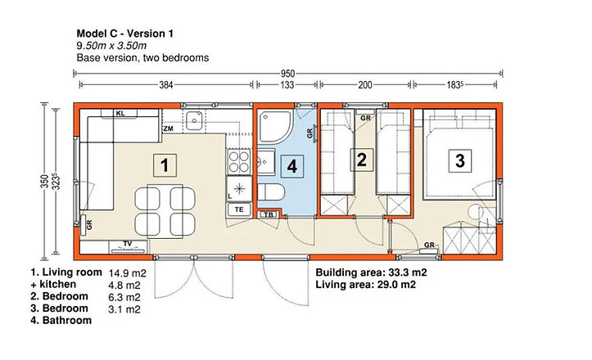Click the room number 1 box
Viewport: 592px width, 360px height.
click(x=165, y=165)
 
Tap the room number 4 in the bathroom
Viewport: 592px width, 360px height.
click(x=291, y=166)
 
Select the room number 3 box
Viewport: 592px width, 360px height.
click(x=460, y=160)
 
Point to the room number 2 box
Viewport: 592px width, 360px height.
click(x=362, y=160)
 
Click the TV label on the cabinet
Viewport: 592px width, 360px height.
click(x=128, y=244)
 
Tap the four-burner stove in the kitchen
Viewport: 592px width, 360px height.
click(x=239, y=161)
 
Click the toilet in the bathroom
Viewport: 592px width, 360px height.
click(x=271, y=192)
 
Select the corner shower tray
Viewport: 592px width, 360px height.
click(x=275, y=127)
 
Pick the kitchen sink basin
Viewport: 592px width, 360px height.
click(x=194, y=121)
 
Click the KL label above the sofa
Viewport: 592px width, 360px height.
click(x=120, y=113)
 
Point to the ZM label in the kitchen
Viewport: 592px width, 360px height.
click(x=169, y=128)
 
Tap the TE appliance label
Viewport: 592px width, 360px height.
click(x=239, y=209)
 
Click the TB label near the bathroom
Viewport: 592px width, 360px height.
click(x=269, y=214)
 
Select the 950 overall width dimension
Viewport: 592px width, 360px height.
click(x=287, y=73)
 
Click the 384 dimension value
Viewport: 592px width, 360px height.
click(x=165, y=85)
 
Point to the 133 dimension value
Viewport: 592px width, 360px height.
click(x=287, y=85)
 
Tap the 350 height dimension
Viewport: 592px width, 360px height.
click(x=44, y=181)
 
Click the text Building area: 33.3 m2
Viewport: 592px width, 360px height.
click(x=371, y=272)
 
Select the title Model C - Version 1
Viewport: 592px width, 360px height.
click(x=125, y=34)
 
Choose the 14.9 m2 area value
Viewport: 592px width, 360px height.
click(x=127, y=273)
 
